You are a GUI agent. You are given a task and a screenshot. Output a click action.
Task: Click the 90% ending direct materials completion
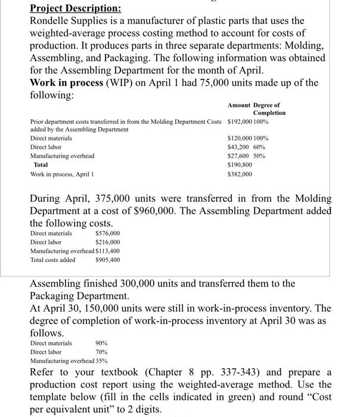click(102, 343)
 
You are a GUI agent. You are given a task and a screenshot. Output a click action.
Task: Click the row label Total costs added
click(53, 260)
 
